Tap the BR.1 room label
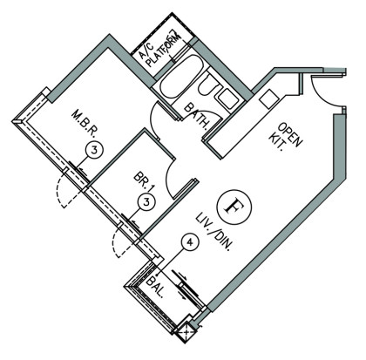144,182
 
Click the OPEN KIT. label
285,138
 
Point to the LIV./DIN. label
214,232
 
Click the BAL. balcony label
155,287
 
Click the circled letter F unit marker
234,207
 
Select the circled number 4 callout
190,242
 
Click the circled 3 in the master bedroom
94,151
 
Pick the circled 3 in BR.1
146,202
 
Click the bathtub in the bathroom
180,78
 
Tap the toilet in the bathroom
208,85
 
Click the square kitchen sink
268,98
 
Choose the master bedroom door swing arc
152,120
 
